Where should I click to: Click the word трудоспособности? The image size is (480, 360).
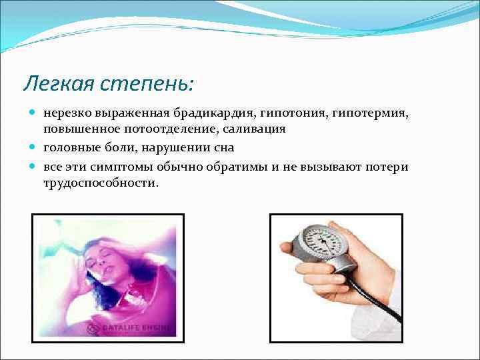tap(101, 181)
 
